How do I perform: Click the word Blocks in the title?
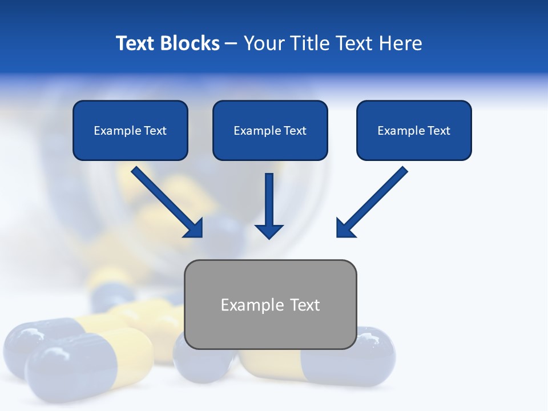(190, 43)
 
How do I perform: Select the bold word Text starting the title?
(136, 43)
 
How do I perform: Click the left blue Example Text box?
(130, 131)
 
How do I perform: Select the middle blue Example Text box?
(270, 131)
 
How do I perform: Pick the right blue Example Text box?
(414, 131)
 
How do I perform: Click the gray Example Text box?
(270, 305)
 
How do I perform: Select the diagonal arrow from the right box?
(374, 200)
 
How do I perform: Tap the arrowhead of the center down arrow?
(269, 231)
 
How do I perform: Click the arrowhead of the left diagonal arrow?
(194, 228)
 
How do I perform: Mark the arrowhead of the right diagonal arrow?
(345, 228)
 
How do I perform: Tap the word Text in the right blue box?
(438, 131)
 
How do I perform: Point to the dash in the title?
(231, 43)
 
